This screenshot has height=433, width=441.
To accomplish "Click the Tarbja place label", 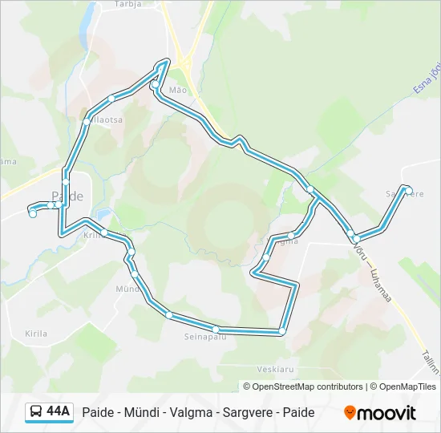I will [127, 3].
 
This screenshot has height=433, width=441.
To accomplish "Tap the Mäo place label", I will [177, 90].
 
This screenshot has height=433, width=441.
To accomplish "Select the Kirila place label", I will [36, 334].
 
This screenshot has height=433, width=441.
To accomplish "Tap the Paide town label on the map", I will [67, 196].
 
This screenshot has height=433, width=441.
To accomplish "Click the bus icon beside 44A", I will [36, 412].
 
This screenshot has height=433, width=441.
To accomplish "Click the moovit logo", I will [380, 413].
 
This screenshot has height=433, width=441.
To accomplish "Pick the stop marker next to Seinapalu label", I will [216, 329].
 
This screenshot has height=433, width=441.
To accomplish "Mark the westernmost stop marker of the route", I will [32, 213].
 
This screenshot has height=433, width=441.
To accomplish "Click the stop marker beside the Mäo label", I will [154, 83].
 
